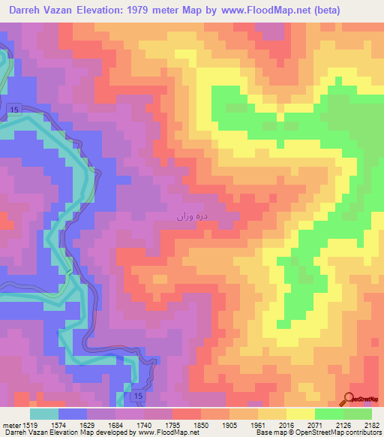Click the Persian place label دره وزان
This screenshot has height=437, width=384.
[x=193, y=216]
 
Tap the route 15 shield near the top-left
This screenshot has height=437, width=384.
[x=14, y=110]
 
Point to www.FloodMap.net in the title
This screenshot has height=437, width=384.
[x=255, y=11]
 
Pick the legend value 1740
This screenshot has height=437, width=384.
[x=144, y=426]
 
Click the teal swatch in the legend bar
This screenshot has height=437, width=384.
[x=44, y=414]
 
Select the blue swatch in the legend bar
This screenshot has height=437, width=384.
[x=73, y=414]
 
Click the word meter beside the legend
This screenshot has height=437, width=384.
[x=8, y=426]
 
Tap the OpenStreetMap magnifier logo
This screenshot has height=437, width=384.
[x=349, y=400]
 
